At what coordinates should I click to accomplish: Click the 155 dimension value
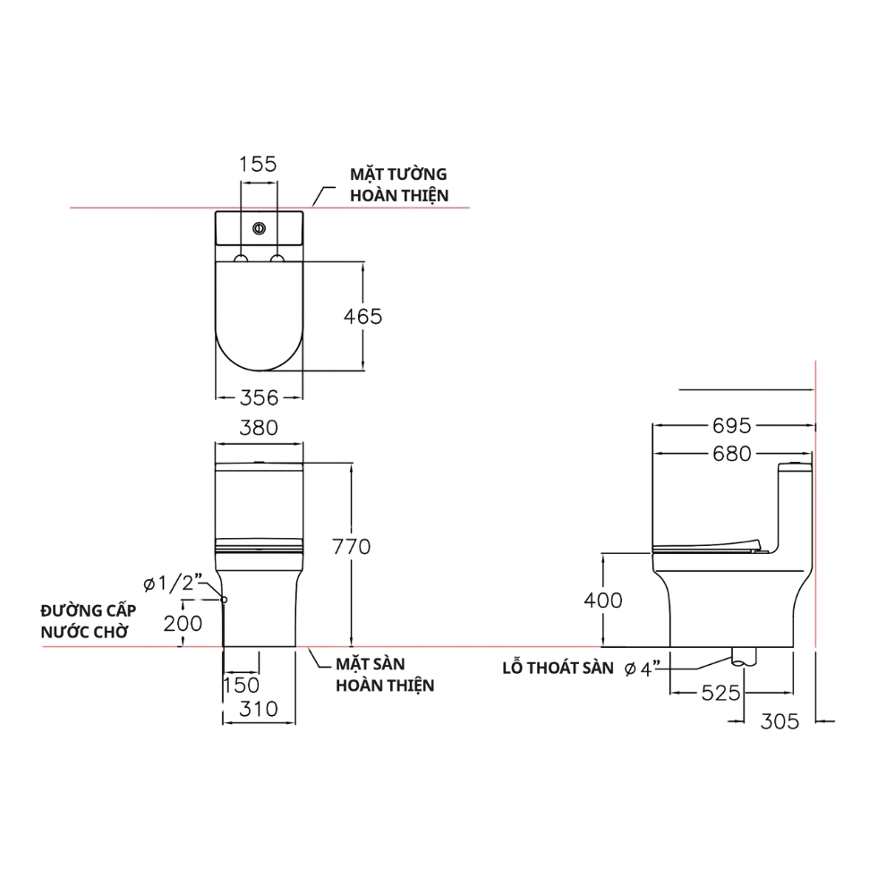[258, 165]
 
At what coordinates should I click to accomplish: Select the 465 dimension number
[363, 317]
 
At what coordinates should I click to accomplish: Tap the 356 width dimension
[260, 396]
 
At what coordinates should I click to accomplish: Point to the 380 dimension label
[260, 428]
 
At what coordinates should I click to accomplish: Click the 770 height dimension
[351, 547]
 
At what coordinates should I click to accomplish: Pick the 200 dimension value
[183, 624]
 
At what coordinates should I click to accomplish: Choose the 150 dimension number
[241, 686]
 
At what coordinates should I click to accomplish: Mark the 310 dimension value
[259, 710]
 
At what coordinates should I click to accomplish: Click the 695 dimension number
[733, 427]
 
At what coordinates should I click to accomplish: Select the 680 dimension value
[733, 455]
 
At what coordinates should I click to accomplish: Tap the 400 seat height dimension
[602, 601]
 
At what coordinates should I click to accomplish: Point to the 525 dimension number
[720, 693]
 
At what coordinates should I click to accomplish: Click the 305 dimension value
[780, 720]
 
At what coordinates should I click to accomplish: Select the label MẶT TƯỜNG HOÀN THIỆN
[398, 184]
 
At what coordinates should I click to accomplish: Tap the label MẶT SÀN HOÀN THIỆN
[385, 675]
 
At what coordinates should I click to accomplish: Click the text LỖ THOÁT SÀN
[558, 669]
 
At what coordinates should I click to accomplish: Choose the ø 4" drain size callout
[643, 669]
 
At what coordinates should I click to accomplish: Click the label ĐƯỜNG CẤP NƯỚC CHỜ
[88, 621]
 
